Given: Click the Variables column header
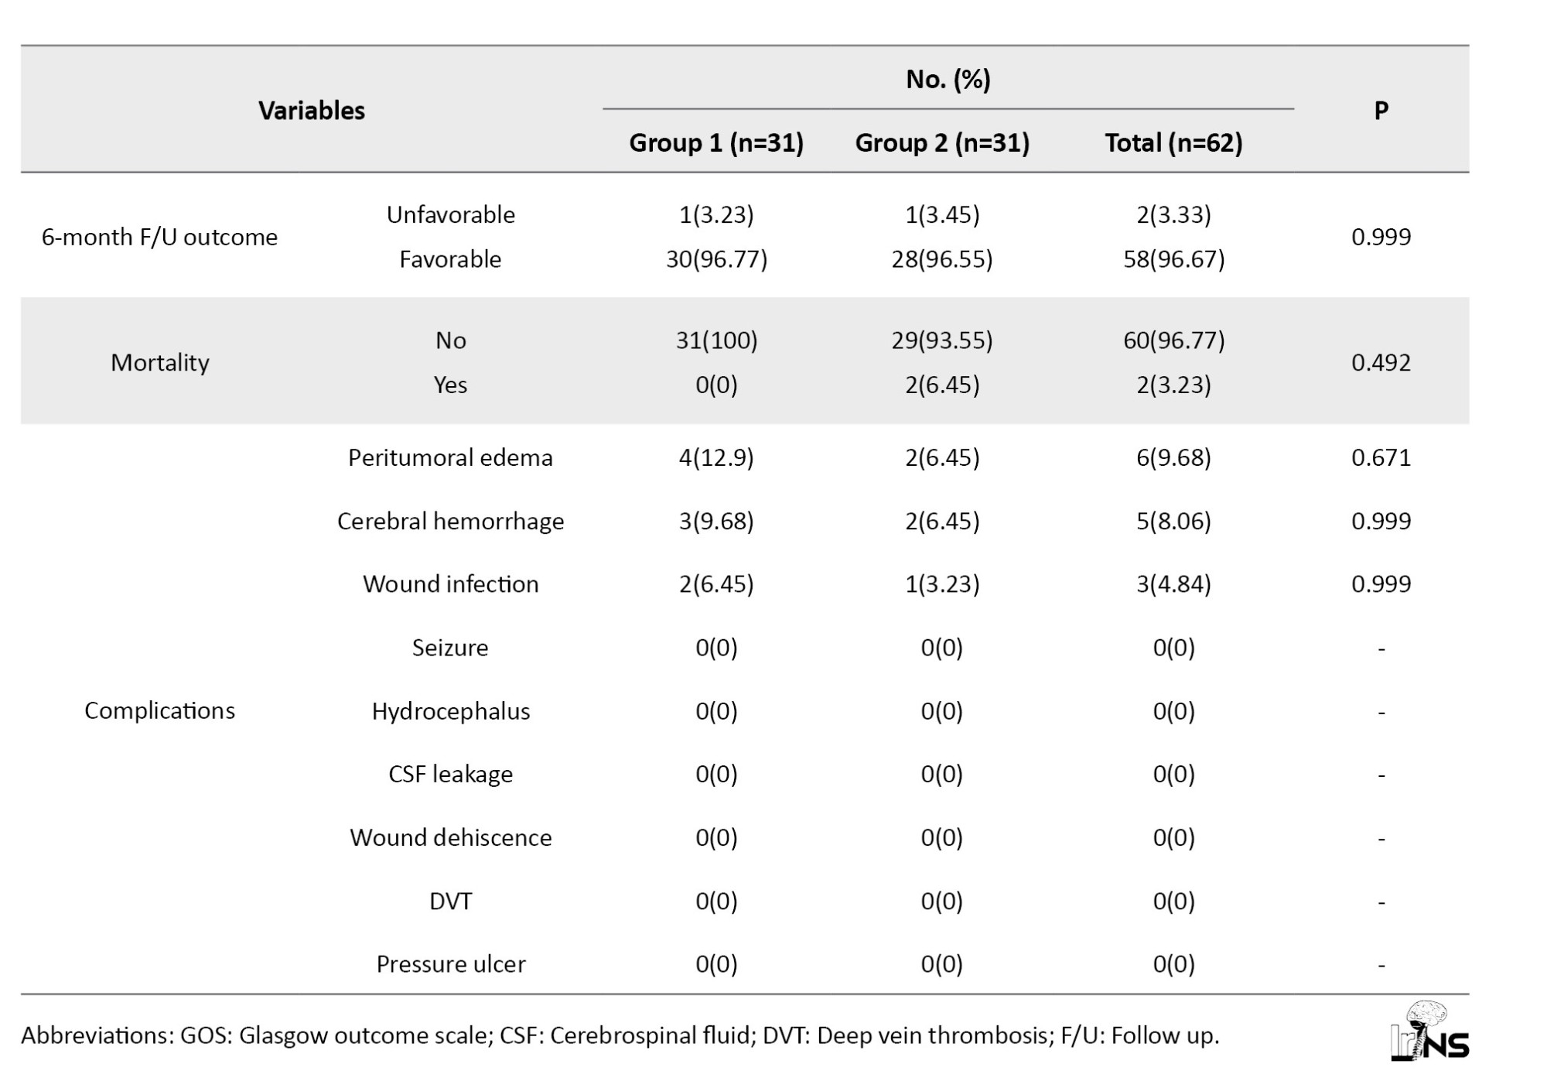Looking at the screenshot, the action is point(312,111).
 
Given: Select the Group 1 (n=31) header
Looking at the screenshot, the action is point(716,143).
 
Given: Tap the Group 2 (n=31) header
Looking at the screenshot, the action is point(942,143).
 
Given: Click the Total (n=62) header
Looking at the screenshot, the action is point(1173,143).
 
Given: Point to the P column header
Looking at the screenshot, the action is point(1381,111).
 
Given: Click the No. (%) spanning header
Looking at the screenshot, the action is point(948,79).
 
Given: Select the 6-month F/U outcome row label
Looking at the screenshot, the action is point(159,237).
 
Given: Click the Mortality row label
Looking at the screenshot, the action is point(159,362).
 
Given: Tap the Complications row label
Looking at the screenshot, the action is point(159,710).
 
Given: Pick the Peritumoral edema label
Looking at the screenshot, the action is point(450,457).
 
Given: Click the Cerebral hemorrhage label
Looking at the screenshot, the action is point(450,521).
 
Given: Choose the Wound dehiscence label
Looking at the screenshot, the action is point(450,837).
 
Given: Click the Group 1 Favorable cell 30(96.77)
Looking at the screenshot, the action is point(716,259).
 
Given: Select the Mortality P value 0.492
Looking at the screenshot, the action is point(1381,362).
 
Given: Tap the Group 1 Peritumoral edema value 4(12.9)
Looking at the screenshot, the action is point(716,457).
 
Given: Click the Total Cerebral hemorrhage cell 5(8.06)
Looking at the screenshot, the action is point(1173,521).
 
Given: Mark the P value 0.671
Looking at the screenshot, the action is point(1381,457).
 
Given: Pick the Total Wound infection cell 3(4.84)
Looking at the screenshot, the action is point(1173,584).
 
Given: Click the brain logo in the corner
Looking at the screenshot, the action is point(1429,1031).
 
